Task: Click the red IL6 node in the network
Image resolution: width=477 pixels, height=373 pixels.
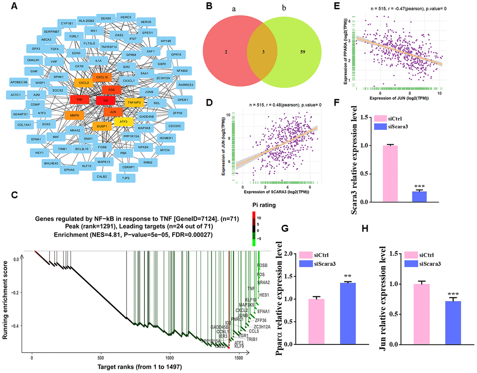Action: tap(105, 100)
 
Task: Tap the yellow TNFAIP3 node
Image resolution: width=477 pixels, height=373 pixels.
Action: tap(133, 101)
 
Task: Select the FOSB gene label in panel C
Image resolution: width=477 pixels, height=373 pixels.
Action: tap(263, 265)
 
